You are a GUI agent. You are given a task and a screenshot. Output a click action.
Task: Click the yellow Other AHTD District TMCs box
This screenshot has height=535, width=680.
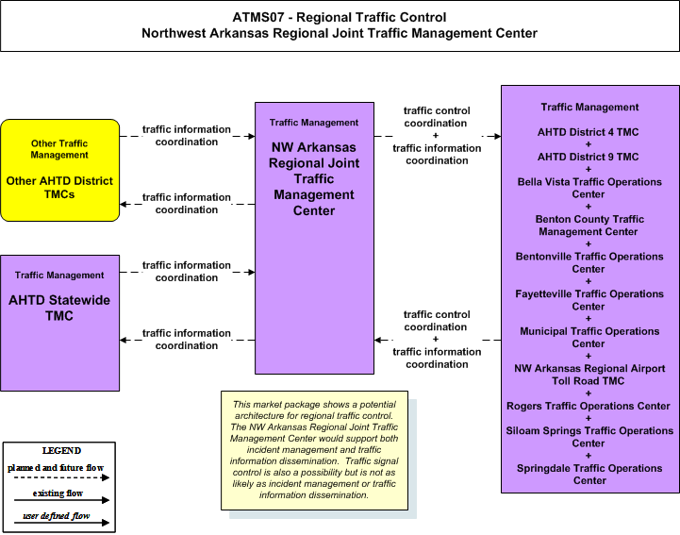59,171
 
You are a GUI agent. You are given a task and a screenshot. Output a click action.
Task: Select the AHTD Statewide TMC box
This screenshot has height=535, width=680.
59,323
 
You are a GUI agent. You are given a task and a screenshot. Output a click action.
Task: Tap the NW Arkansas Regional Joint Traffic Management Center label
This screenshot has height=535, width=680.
314,178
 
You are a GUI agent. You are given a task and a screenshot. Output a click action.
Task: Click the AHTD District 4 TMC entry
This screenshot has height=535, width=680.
589,132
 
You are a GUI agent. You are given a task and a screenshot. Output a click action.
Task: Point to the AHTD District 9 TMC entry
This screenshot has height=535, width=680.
589,157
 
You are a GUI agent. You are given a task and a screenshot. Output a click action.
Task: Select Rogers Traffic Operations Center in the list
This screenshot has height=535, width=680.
589,406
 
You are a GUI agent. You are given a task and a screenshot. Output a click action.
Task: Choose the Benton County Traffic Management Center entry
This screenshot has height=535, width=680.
589,226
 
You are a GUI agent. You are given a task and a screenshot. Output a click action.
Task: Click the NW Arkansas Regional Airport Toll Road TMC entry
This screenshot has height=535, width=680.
589,375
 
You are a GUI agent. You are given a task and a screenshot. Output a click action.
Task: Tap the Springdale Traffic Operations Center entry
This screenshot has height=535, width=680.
589,475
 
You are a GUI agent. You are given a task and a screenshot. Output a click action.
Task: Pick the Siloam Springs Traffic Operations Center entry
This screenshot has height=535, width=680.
589,437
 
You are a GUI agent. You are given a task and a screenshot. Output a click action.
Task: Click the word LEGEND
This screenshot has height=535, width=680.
61,450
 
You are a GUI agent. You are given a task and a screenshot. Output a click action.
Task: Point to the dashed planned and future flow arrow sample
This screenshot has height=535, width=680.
61,477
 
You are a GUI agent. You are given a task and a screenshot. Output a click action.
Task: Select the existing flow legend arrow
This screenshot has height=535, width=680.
61,500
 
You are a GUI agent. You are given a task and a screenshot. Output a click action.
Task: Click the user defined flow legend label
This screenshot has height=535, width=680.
57,516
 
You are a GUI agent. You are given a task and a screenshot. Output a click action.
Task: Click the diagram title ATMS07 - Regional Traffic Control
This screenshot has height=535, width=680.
340,17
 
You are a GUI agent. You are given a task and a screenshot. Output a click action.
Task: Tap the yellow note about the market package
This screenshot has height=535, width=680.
314,450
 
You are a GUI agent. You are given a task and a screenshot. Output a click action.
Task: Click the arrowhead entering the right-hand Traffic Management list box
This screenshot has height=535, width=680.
497,136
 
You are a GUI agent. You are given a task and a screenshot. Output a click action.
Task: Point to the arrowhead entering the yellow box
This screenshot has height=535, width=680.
124,204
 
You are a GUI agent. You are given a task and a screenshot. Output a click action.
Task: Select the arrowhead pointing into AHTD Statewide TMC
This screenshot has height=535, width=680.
124,341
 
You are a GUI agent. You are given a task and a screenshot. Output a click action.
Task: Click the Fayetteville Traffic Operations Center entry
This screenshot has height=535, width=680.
589,300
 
